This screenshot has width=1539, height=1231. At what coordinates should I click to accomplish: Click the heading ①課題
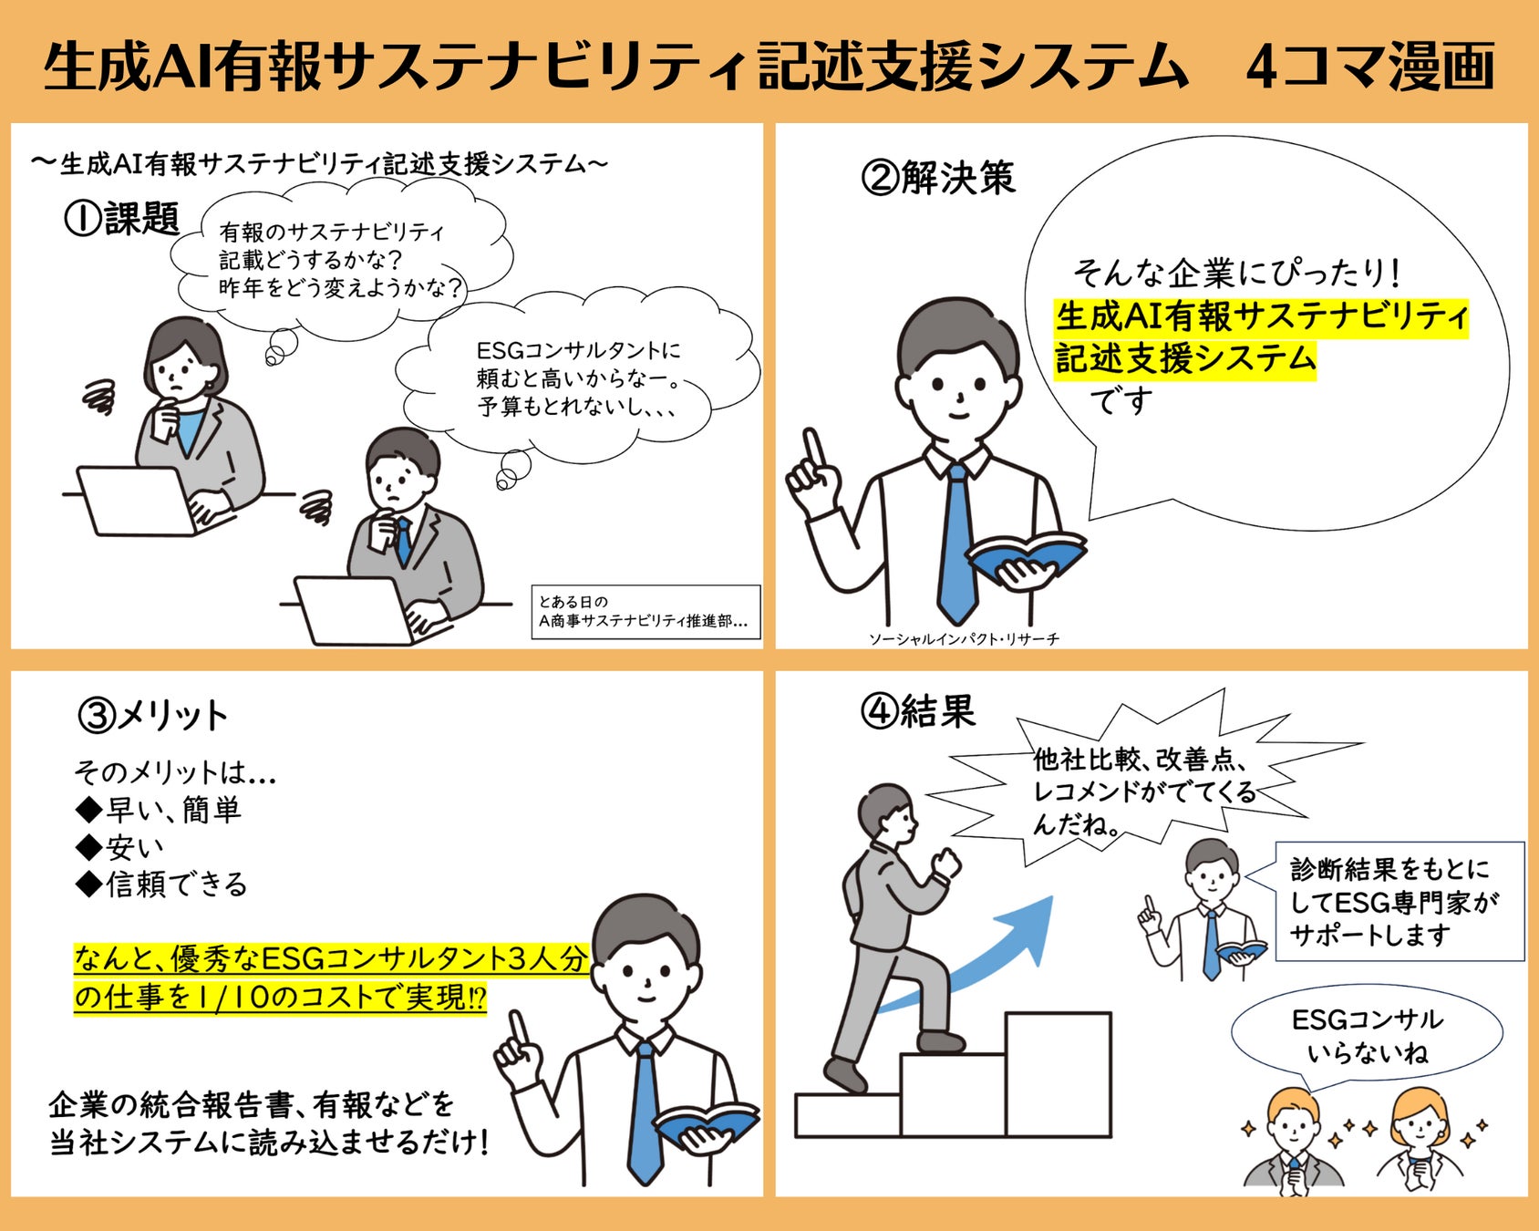(121, 219)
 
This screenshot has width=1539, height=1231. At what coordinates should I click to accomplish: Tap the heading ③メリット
(152, 716)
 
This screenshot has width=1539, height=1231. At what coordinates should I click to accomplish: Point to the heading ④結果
(918, 711)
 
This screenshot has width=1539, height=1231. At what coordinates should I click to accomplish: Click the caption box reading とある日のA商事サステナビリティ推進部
(646, 612)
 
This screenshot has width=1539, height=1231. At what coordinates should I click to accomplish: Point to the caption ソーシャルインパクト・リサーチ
(964, 639)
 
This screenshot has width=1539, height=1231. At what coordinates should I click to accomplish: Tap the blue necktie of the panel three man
(645, 1113)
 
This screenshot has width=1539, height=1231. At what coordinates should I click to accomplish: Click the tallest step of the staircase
(1058, 1074)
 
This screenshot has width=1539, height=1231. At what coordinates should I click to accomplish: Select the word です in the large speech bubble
(1121, 400)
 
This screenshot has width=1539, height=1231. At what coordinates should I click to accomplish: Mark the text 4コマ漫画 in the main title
(1370, 67)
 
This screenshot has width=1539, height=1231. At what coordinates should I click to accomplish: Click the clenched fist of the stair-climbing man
(946, 861)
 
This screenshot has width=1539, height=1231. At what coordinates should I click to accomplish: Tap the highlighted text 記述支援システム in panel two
(1185, 358)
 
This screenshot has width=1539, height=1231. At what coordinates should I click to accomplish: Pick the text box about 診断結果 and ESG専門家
(1400, 901)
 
